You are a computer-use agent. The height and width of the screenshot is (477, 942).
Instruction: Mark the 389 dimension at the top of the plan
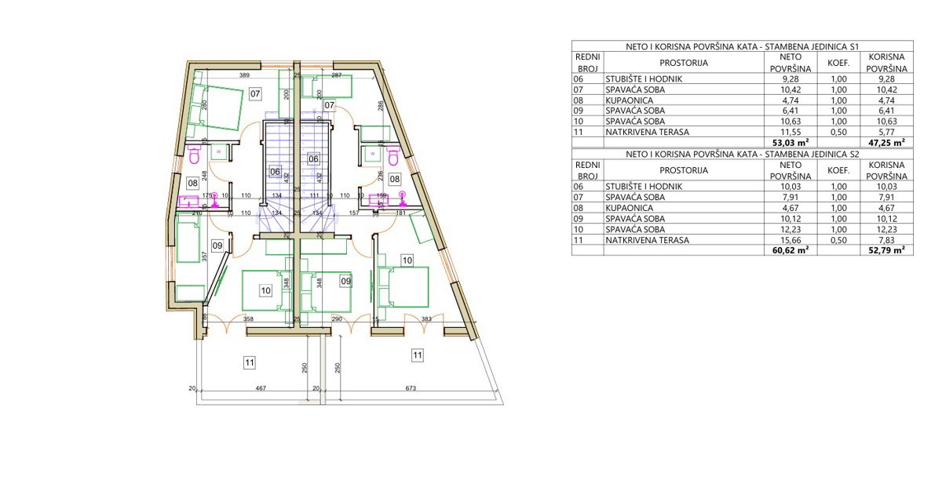pos(244,75)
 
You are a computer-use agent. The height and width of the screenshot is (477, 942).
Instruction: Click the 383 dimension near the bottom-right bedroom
pos(427,319)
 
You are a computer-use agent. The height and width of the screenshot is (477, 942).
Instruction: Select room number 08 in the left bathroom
pos(192,183)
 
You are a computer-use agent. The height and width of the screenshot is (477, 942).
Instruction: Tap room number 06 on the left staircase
pos(275,170)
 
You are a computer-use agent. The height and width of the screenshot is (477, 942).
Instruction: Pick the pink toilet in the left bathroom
pos(194,157)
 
